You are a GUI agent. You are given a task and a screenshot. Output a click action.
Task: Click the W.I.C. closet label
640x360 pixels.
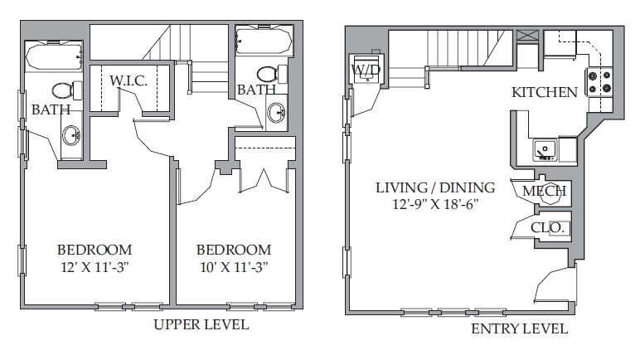pyautogui.click(x=128, y=80)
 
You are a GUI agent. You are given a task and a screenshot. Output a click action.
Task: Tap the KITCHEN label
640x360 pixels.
pyautogui.click(x=545, y=92)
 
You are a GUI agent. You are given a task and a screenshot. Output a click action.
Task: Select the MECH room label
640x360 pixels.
pyautogui.click(x=544, y=191)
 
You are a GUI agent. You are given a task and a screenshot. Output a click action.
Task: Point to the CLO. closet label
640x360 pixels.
pyautogui.click(x=547, y=227)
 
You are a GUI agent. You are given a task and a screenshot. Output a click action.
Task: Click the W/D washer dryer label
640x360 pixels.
pyautogui.click(x=366, y=70)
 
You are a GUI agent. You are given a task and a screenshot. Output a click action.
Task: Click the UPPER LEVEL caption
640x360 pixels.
pyautogui.click(x=201, y=324)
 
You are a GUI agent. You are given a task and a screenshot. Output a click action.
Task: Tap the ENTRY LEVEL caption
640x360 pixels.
pyautogui.click(x=519, y=328)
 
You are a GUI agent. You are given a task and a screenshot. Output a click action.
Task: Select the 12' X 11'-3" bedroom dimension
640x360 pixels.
pyautogui.click(x=95, y=267)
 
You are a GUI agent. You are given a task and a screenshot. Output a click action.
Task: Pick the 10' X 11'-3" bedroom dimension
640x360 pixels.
pyautogui.click(x=234, y=267)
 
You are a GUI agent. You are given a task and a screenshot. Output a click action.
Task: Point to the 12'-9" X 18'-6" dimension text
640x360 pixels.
pyautogui.click(x=435, y=204)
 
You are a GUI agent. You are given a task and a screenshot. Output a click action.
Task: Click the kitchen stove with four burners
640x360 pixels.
pyautogui.click(x=599, y=82)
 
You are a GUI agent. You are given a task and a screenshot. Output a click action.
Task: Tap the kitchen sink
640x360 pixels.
pyautogui.click(x=545, y=150)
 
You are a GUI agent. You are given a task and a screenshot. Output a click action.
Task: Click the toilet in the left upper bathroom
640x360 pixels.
pyautogui.click(x=67, y=90)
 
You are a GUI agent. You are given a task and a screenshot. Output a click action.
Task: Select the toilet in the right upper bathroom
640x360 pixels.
pyautogui.click(x=272, y=74)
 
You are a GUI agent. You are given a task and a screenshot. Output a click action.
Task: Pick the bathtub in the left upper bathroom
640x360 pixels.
pyautogui.click(x=54, y=56)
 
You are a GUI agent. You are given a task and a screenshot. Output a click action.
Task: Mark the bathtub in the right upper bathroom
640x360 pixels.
pyautogui.click(x=264, y=41)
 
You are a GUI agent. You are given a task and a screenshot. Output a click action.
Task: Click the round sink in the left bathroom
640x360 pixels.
pyautogui.click(x=71, y=135)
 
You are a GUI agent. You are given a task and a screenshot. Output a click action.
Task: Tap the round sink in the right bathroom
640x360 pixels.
pyautogui.click(x=277, y=112)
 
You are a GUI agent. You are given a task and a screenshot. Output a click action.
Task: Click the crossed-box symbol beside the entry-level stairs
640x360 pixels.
pyautogui.click(x=528, y=36)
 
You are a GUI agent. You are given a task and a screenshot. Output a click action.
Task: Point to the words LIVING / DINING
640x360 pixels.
pyautogui.click(x=435, y=187)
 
